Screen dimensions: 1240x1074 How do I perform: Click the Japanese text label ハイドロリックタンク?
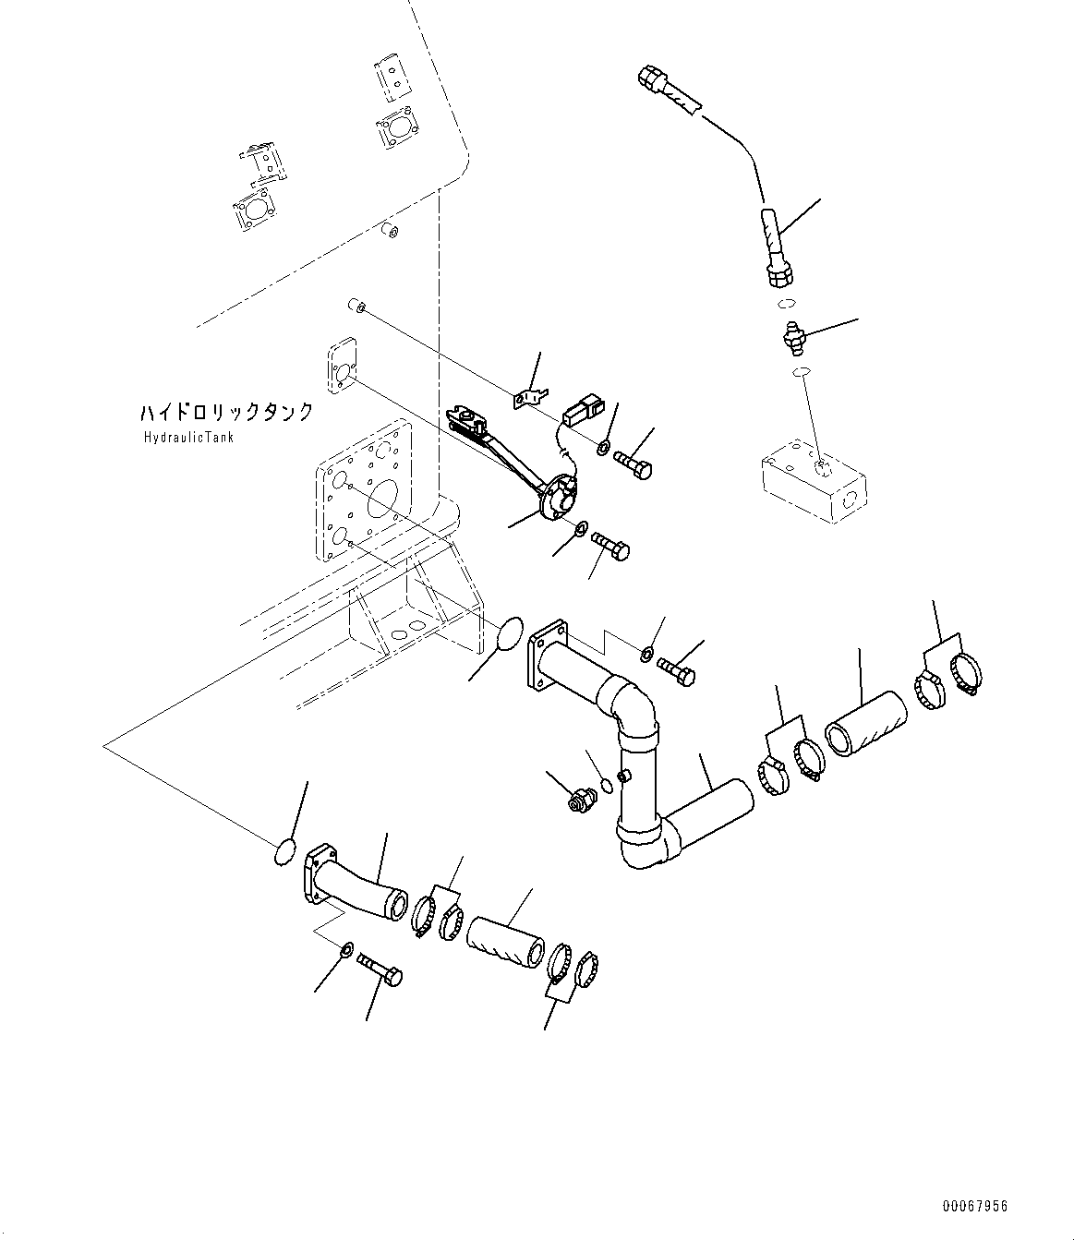[227, 412]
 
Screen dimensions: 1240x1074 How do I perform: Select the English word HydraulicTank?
[188, 437]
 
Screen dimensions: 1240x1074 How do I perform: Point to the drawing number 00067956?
[975, 1206]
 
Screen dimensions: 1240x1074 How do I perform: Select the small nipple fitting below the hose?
[791, 338]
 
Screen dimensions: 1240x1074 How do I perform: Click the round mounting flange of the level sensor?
[554, 499]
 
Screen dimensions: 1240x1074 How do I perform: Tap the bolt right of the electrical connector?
[633, 463]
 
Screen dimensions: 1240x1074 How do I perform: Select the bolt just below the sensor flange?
[609, 545]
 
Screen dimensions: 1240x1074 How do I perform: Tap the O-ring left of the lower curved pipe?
[285, 852]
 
